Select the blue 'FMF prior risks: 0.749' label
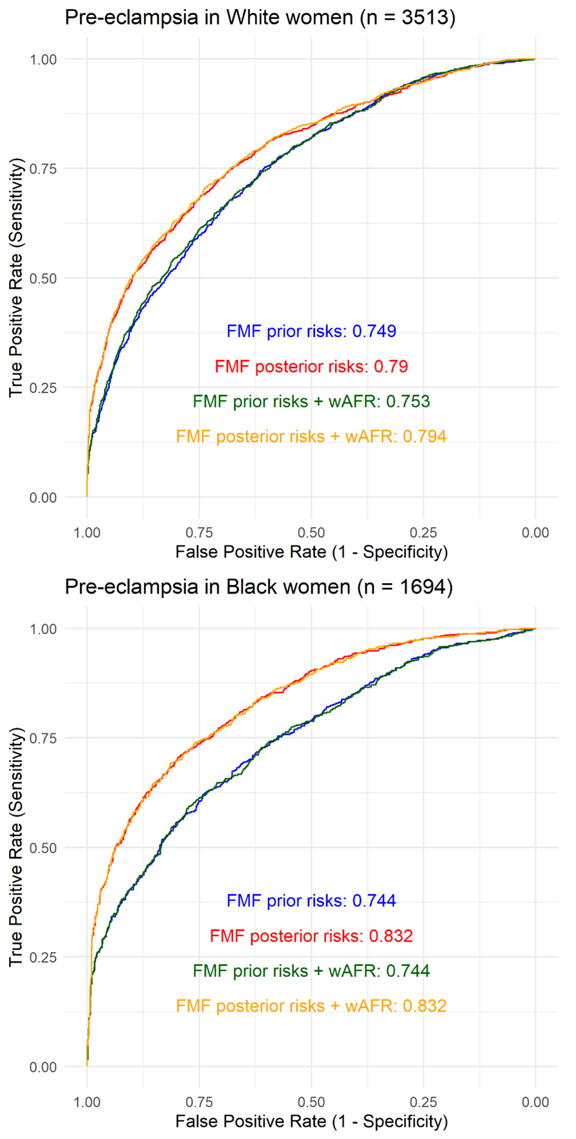point(311,331)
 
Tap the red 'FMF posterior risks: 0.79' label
point(311,367)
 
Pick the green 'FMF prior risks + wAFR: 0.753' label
point(311,402)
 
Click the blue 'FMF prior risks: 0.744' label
point(311,901)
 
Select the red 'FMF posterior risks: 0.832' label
point(311,936)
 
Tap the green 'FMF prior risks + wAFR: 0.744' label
point(311,971)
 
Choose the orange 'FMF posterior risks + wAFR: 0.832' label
point(311,1006)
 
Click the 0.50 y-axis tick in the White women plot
point(43,278)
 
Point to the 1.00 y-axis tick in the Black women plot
point(43,629)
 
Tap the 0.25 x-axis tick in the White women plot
point(424,533)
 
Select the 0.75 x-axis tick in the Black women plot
point(199,1102)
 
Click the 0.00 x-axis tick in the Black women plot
point(535,1102)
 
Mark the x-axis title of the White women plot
point(311,552)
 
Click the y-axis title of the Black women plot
point(16,847)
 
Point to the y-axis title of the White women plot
point(16,278)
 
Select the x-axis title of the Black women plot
point(311,1122)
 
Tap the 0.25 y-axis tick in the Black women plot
point(43,958)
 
